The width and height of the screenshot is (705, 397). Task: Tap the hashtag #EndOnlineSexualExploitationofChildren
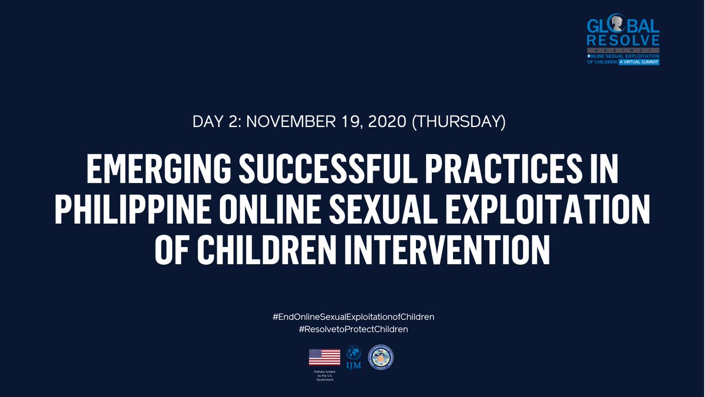pyautogui.click(x=353, y=317)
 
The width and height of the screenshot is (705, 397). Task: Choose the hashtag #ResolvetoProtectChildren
pyautogui.click(x=353, y=329)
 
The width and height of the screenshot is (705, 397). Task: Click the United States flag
pyautogui.click(x=324, y=357)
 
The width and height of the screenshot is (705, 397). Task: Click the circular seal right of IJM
pyautogui.click(x=380, y=357)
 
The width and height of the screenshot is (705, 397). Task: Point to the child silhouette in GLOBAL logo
pyautogui.click(x=616, y=24)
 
